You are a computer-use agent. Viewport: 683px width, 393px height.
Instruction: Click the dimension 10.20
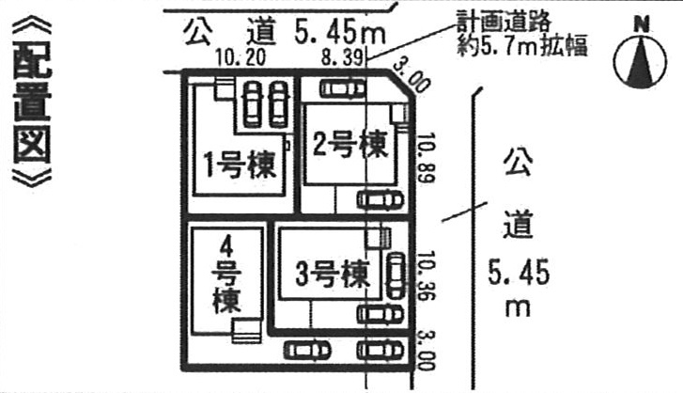pos(240,58)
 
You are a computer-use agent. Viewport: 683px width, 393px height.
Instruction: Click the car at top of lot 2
pos(343,89)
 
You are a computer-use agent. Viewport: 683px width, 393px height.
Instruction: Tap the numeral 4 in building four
pos(226,246)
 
